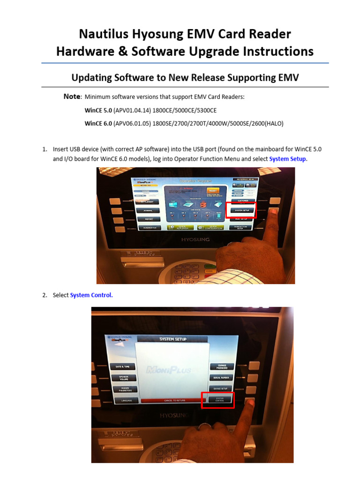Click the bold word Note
(x=72, y=97)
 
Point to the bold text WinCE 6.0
(x=98, y=124)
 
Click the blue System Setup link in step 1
(x=287, y=159)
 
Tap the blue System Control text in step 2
(x=91, y=295)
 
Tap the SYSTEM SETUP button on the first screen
(x=241, y=210)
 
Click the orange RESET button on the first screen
(x=212, y=191)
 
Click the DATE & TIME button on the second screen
(x=123, y=367)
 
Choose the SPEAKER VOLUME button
(x=123, y=378)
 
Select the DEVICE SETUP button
(x=220, y=389)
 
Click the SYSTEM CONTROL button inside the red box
(x=219, y=399)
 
